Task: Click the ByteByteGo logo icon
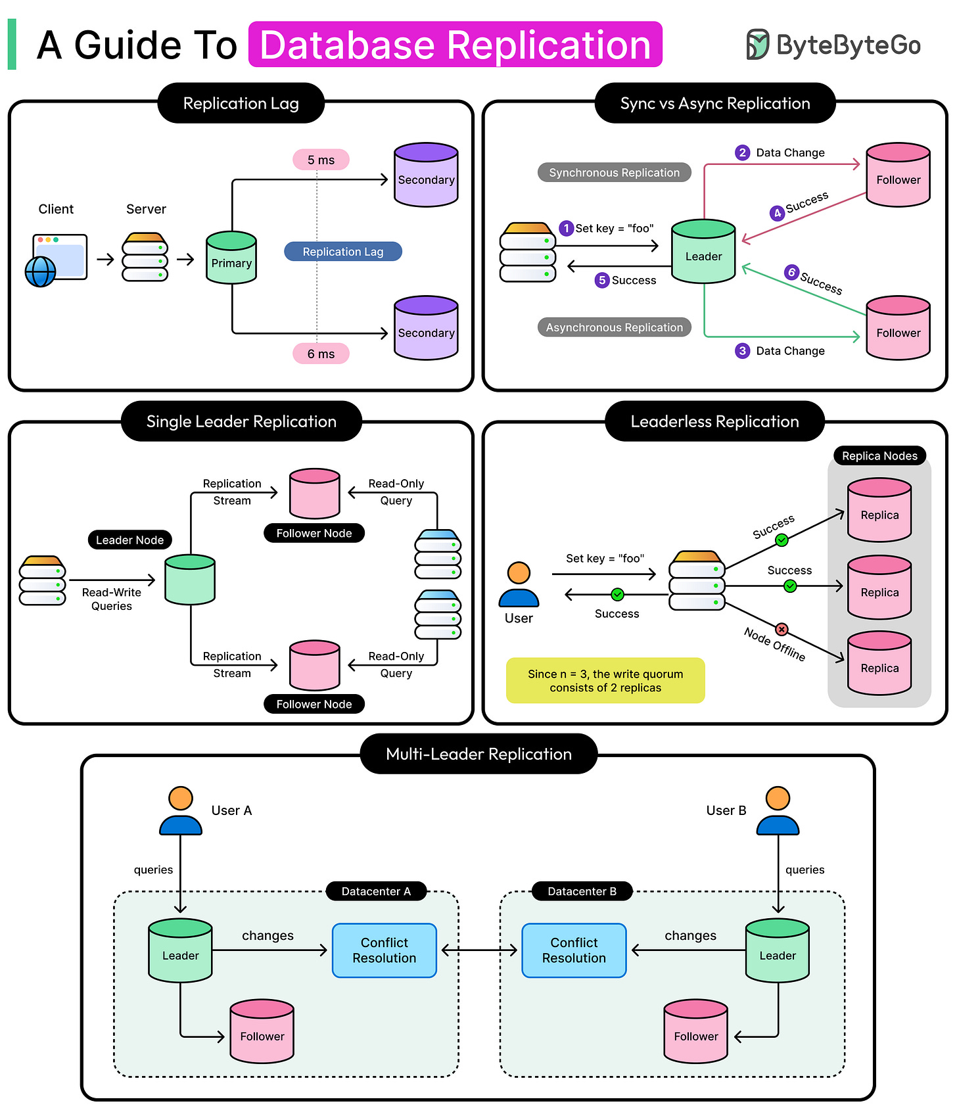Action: click(x=757, y=45)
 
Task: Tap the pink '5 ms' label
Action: click(x=321, y=160)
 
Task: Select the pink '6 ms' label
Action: click(x=321, y=354)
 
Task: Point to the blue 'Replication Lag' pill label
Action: click(x=342, y=252)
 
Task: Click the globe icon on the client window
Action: click(x=40, y=271)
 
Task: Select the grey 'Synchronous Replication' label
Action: click(x=614, y=173)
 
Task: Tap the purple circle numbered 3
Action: click(x=742, y=350)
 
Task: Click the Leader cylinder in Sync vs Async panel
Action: click(x=703, y=252)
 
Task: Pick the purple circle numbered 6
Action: click(x=791, y=272)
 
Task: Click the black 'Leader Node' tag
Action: click(x=130, y=540)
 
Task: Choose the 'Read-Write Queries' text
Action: click(x=112, y=599)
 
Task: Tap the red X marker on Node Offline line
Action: click(x=782, y=629)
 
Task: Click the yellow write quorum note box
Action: click(x=605, y=680)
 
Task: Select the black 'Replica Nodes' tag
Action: click(x=879, y=455)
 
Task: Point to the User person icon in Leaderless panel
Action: click(x=519, y=584)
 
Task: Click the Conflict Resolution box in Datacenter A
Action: click(x=385, y=950)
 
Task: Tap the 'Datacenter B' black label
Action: click(x=582, y=891)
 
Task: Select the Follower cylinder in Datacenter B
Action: click(x=695, y=1031)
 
